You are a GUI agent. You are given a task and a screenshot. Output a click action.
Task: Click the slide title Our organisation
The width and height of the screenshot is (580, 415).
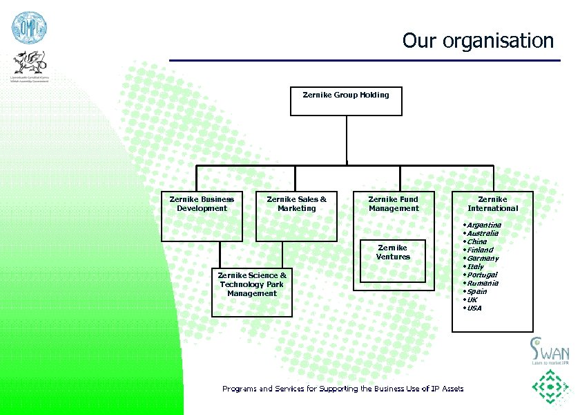pyautogui.click(x=478, y=40)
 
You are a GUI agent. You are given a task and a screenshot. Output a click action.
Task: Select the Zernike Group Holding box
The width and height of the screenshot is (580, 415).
pyautogui.click(x=346, y=101)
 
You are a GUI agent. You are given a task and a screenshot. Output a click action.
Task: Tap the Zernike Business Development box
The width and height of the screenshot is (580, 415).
pyautogui.click(x=202, y=216)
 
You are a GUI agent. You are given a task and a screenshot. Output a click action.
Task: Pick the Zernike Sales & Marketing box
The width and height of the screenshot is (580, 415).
pyautogui.click(x=296, y=216)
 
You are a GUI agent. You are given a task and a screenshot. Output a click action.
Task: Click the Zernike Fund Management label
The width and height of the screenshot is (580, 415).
pyautogui.click(x=394, y=203)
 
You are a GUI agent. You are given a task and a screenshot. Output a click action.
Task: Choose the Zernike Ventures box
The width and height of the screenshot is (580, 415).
pyautogui.click(x=393, y=261)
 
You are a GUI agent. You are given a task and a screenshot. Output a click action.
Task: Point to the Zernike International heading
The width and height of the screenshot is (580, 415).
pyautogui.click(x=492, y=203)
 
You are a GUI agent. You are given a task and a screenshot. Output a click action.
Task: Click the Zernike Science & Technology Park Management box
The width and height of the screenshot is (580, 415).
pyautogui.click(x=252, y=291)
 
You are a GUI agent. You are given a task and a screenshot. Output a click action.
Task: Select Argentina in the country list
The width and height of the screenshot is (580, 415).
pyautogui.click(x=483, y=225)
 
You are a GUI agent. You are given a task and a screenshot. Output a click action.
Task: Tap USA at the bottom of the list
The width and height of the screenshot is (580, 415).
pyautogui.click(x=474, y=308)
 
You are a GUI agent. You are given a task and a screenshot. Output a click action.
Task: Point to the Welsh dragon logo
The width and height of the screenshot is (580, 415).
pyautogui.click(x=30, y=66)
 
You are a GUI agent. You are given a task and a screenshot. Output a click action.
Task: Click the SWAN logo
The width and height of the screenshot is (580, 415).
pyautogui.click(x=550, y=351)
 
